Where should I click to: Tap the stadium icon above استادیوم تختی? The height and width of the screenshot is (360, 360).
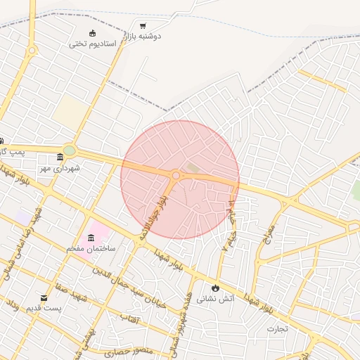93,32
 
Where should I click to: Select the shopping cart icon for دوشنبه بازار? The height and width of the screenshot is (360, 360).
143,25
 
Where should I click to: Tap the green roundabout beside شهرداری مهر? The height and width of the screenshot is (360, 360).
69,150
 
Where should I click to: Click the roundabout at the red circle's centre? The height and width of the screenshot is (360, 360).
176,176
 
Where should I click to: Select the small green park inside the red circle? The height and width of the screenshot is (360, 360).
192,167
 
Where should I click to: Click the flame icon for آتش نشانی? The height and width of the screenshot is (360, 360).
214,288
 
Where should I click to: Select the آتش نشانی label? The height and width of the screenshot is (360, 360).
212,298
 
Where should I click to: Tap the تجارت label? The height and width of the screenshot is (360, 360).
277,328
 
